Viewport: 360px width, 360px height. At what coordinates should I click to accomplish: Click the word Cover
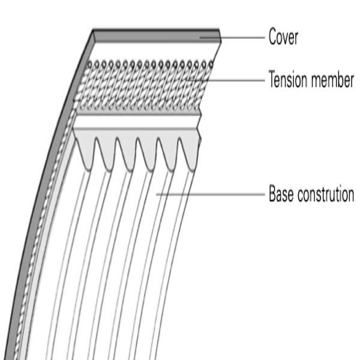tap(283, 38)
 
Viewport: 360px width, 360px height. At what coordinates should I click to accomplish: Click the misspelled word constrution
tap(326, 194)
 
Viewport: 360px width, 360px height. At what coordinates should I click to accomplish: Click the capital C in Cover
tap(272, 38)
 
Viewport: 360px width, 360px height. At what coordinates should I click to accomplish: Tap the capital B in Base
tap(272, 194)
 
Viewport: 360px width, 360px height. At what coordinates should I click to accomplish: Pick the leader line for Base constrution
tap(210, 194)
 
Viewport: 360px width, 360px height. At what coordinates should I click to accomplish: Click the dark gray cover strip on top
tap(156, 34)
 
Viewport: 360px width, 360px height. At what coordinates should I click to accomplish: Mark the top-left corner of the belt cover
tap(94, 29)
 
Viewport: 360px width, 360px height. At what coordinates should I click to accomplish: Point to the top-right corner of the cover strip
tap(220, 29)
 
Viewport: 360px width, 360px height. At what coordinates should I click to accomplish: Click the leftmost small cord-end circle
tap(90, 63)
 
